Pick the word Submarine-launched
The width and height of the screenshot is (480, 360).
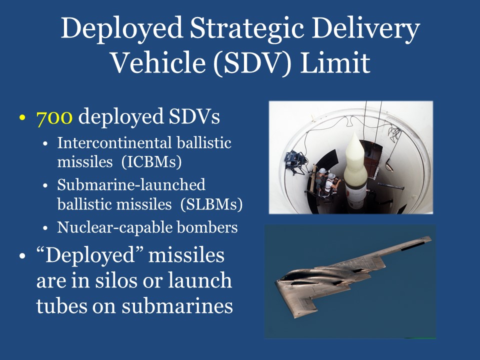[131, 185]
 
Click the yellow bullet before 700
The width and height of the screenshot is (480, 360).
[21, 119]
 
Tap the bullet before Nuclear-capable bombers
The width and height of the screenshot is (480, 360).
[46, 228]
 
